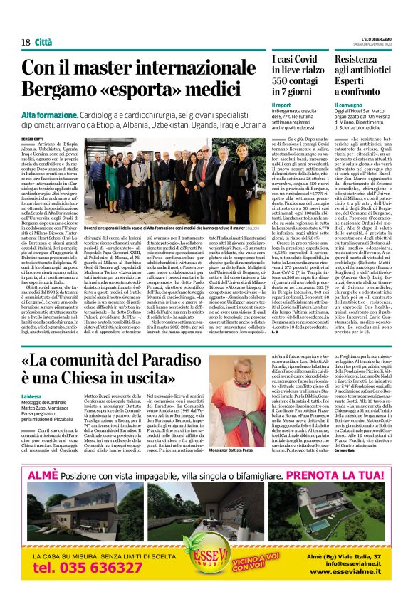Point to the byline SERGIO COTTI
coord(31,137)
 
